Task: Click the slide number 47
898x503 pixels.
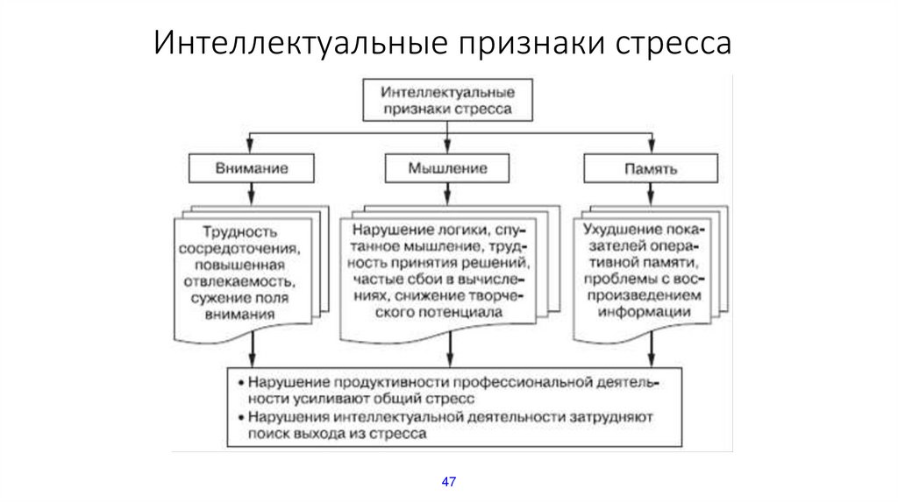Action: pos(449,483)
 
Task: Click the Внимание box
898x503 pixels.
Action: pos(252,166)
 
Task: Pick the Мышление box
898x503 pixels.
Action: pos(448,166)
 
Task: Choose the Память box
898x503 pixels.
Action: pos(650,166)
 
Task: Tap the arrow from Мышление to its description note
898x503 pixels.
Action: pos(448,195)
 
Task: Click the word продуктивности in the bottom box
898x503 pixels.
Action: pos(373,383)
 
